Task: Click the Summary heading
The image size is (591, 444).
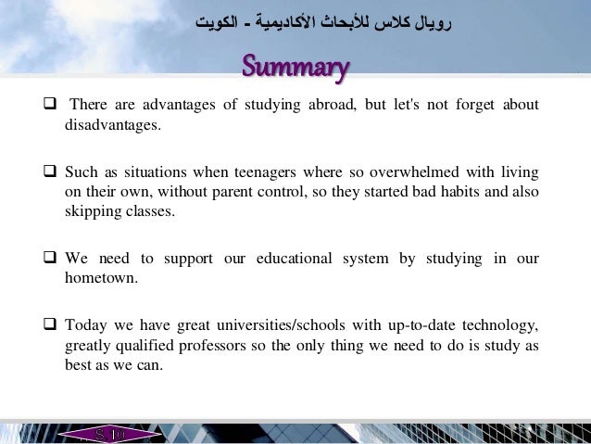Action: (x=295, y=68)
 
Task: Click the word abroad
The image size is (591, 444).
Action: (x=328, y=104)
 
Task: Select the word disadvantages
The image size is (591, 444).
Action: (x=112, y=125)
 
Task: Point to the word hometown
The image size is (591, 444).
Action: (x=100, y=278)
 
